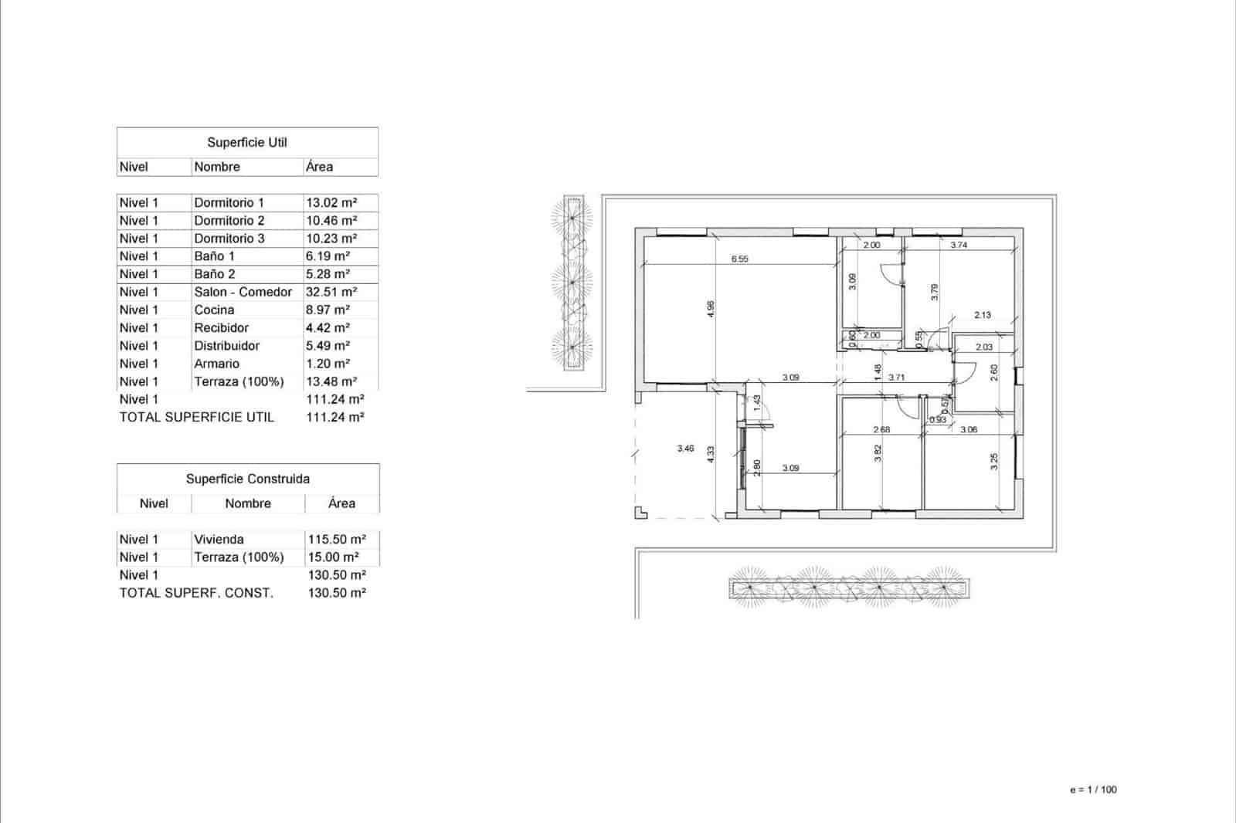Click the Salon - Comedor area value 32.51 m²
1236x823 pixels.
[331, 292]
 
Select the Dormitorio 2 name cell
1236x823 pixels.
[229, 221]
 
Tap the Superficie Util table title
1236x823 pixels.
[247, 143]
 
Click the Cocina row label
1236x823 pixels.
[214, 310]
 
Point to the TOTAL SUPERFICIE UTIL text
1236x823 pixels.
[196, 417]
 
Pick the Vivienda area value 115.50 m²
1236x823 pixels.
[337, 540]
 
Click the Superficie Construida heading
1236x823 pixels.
[247, 479]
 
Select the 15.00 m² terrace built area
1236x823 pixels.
[333, 557]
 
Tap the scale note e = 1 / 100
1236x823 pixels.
[1093, 790]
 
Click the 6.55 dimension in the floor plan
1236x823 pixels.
[739, 259]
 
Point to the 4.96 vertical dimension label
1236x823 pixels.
[711, 309]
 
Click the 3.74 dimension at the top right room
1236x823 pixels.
[958, 245]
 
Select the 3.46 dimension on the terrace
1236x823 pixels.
[685, 448]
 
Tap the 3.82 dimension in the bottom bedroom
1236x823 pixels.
[878, 453]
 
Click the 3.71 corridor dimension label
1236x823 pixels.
[896, 378]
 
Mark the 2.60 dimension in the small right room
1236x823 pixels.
[994, 373]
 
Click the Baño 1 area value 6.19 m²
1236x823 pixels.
[328, 256]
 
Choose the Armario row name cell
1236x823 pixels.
[216, 364]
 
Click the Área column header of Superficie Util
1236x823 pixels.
[319, 167]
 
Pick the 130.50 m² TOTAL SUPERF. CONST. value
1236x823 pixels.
[337, 593]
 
